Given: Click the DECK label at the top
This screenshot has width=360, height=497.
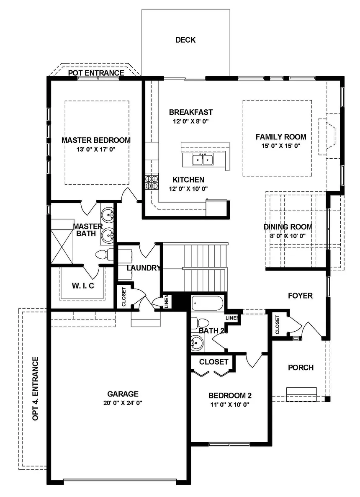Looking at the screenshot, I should (185, 40).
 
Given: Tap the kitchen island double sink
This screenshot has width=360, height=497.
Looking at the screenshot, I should (202, 160).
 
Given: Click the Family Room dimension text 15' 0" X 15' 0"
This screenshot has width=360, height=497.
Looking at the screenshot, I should (281, 146).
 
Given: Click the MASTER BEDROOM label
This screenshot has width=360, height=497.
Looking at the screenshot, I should (96, 140).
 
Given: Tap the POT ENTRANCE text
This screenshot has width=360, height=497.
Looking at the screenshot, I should (96, 73).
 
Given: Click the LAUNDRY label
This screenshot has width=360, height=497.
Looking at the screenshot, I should (143, 268).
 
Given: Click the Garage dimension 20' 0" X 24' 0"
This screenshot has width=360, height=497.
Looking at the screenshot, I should (123, 402).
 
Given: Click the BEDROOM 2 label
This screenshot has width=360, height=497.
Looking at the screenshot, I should (230, 396).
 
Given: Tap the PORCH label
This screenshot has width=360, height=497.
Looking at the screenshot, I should (301, 368).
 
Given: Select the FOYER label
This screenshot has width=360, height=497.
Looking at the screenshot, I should (300, 296).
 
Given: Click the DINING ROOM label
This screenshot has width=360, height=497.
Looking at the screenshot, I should (288, 227).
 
